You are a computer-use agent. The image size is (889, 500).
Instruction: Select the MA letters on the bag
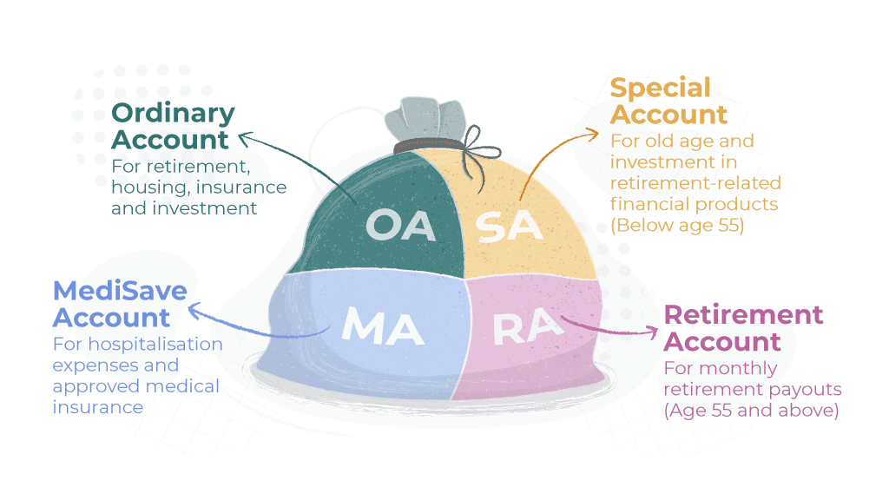click(x=383, y=325)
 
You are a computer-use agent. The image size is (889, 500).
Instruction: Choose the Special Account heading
click(x=668, y=101)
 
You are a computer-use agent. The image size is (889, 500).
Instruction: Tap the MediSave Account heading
click(x=120, y=304)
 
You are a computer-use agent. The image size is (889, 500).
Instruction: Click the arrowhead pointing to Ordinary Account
click(x=244, y=135)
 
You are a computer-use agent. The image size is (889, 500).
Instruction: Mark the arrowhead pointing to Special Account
click(x=593, y=132)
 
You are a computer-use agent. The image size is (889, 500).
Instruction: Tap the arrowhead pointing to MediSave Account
click(x=194, y=309)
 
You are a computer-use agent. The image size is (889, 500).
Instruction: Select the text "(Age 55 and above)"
click(x=751, y=410)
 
